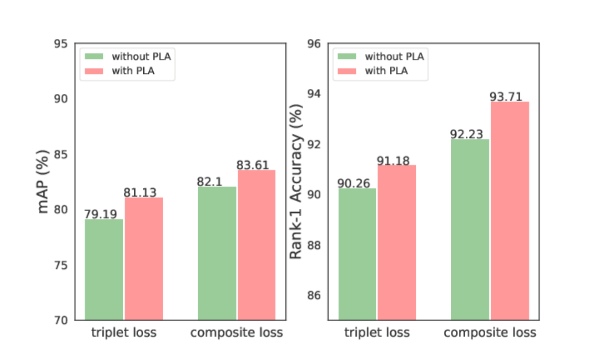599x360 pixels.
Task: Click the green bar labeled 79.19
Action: pos(104,269)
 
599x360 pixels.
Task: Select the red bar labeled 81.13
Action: pos(144,259)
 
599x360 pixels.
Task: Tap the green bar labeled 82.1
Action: pos(217,253)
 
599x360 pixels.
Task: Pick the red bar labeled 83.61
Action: pos(257,245)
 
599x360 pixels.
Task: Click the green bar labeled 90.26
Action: pos(357,254)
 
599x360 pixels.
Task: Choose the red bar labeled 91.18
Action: pos(397,242)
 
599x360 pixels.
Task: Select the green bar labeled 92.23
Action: pos(470,229)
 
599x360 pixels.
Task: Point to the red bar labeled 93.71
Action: pos(510,211)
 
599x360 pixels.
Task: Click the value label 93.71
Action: pos(506,96)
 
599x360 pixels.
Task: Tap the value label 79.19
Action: pos(100,214)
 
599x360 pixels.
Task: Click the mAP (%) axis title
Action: pos(43,181)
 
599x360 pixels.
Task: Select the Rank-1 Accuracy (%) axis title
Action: pos(296,181)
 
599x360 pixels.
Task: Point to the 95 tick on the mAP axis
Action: pos(61,43)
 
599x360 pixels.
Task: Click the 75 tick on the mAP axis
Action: pos(61,265)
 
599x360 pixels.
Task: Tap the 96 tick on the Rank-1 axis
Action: pos(314,43)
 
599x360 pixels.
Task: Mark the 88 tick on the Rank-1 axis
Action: pos(314,245)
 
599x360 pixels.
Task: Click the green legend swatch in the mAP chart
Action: pos(94,56)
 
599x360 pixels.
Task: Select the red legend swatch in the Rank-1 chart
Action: pos(347,71)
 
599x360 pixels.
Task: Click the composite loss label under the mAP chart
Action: pos(237,332)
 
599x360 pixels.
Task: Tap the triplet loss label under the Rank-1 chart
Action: pos(377,332)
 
